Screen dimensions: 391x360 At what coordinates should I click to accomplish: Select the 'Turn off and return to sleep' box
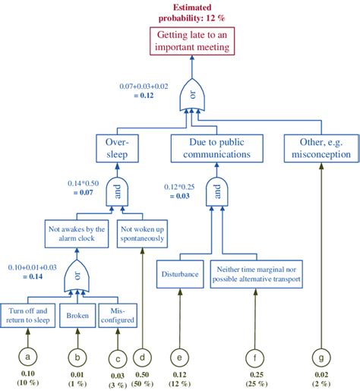tap(29, 315)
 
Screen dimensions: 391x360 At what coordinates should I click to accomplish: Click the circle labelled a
tap(29, 357)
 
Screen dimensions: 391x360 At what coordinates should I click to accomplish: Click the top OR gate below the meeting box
tap(192, 96)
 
